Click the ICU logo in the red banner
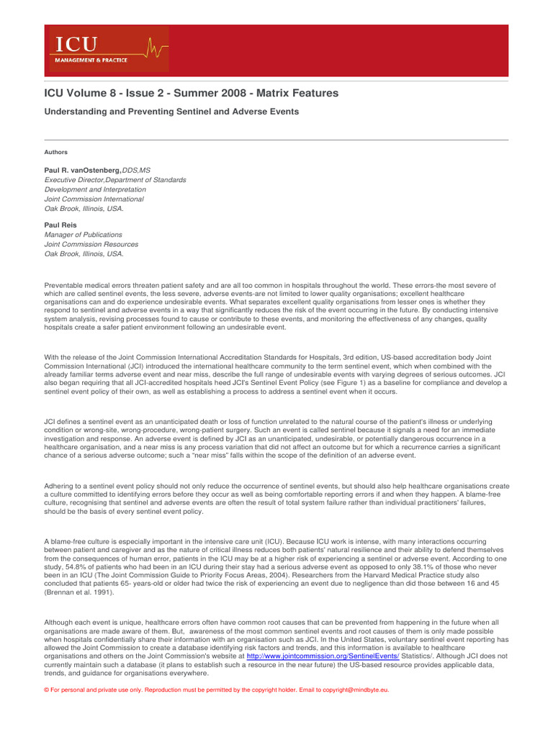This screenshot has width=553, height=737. point(74,45)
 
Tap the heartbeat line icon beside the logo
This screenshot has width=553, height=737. point(157,49)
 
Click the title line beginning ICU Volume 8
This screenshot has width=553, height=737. point(192,94)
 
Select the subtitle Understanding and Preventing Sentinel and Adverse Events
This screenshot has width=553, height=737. point(171,112)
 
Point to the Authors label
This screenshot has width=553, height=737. point(56,152)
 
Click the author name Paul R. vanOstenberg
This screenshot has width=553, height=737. point(83,170)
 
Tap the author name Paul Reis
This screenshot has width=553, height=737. point(60,225)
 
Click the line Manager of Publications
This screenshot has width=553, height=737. point(84,235)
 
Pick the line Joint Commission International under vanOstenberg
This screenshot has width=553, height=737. point(94,199)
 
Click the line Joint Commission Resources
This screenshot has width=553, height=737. point(91,244)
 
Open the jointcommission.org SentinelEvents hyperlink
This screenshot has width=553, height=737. point(323,656)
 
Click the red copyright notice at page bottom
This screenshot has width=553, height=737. point(217,689)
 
